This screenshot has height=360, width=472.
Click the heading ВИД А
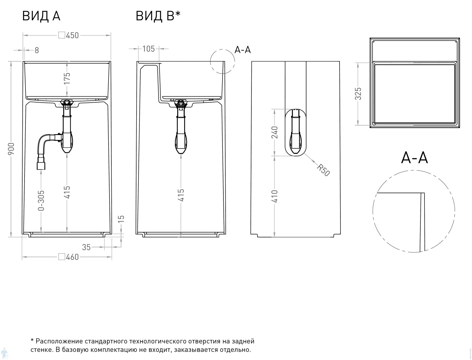pyautogui.click(x=41, y=16)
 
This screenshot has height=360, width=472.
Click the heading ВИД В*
pyautogui.click(x=158, y=16)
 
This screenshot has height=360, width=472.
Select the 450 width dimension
pyautogui.click(x=72, y=35)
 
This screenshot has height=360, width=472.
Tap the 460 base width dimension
pyautogui.click(x=72, y=257)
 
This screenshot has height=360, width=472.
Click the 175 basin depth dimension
pyautogui.click(x=67, y=78)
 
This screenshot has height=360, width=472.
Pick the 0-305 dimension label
pyautogui.click(x=41, y=200)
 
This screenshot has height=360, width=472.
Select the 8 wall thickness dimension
pyautogui.click(x=37, y=50)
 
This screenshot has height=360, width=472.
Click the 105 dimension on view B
pyautogui.click(x=149, y=49)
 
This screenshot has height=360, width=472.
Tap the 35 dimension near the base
pyautogui.click(x=86, y=247)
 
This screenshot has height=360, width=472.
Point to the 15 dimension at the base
pyautogui.click(x=122, y=219)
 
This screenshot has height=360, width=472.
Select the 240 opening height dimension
pyautogui.click(x=275, y=132)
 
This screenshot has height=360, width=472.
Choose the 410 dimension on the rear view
pyautogui.click(x=275, y=196)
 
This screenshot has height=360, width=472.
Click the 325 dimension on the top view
pyautogui.click(x=358, y=94)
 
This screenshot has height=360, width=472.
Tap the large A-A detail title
pyautogui.click(x=414, y=157)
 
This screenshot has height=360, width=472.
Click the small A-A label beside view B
pyautogui.click(x=243, y=50)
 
